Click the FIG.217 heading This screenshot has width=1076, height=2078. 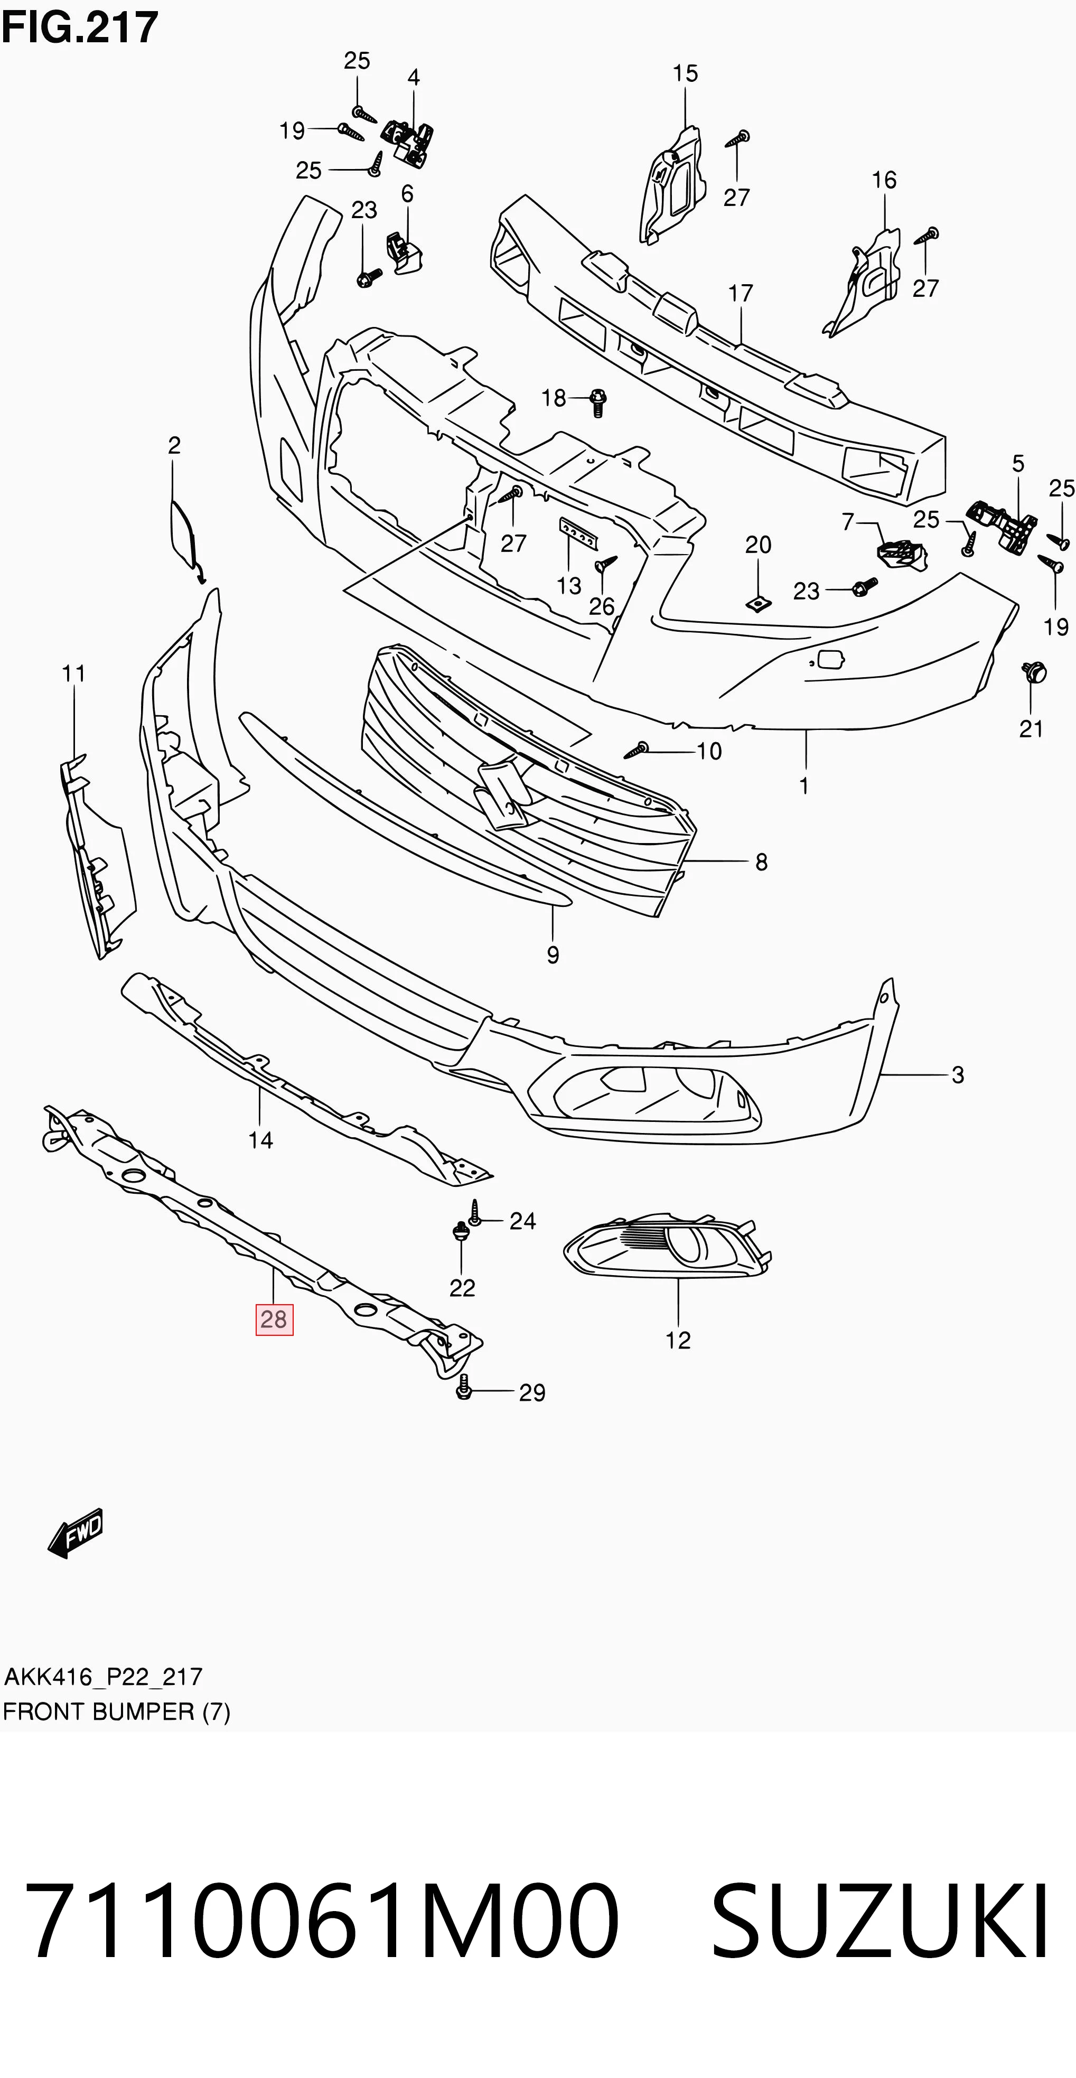pyautogui.click(x=80, y=27)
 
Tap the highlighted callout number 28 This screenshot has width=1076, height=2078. pyautogui.click(x=274, y=1319)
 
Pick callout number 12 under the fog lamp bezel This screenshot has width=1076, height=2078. pyautogui.click(x=678, y=1340)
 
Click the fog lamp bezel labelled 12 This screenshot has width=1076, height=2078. pyautogui.click(x=668, y=1247)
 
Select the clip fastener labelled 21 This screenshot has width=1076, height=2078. pyautogui.click(x=1033, y=671)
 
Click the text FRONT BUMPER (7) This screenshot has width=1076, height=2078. pyautogui.click(x=116, y=1712)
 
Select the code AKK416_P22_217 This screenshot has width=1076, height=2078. pyautogui.click(x=103, y=1677)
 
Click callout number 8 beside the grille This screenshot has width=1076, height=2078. pyautogui.click(x=761, y=863)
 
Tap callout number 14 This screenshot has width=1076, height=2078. pyautogui.click(x=260, y=1140)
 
